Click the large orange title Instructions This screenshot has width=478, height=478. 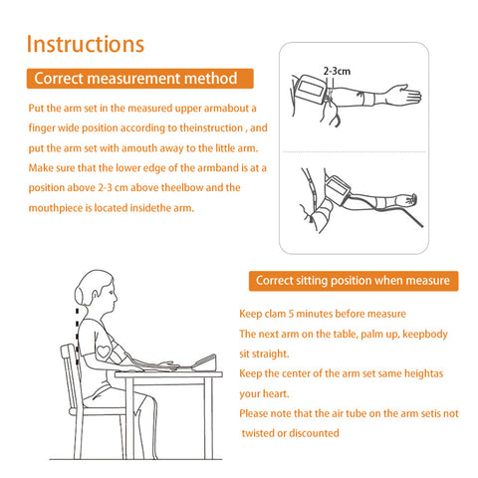coord(86,44)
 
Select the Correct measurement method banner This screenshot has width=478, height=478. coord(139,79)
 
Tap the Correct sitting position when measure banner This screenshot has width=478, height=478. coord(354,281)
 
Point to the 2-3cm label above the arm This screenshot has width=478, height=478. coord(337,71)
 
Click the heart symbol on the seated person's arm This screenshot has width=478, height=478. coord(104,352)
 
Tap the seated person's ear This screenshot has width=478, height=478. coord(96,296)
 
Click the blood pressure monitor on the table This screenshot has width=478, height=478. coord(205,362)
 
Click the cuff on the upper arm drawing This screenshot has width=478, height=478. coord(312,89)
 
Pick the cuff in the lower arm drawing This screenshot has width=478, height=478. coord(338,189)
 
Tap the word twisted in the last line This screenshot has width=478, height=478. coord(258,433)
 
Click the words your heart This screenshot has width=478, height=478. coord(264,394)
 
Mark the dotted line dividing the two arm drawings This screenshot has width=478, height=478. coord(354,152)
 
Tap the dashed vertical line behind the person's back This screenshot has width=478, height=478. coord(78,332)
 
